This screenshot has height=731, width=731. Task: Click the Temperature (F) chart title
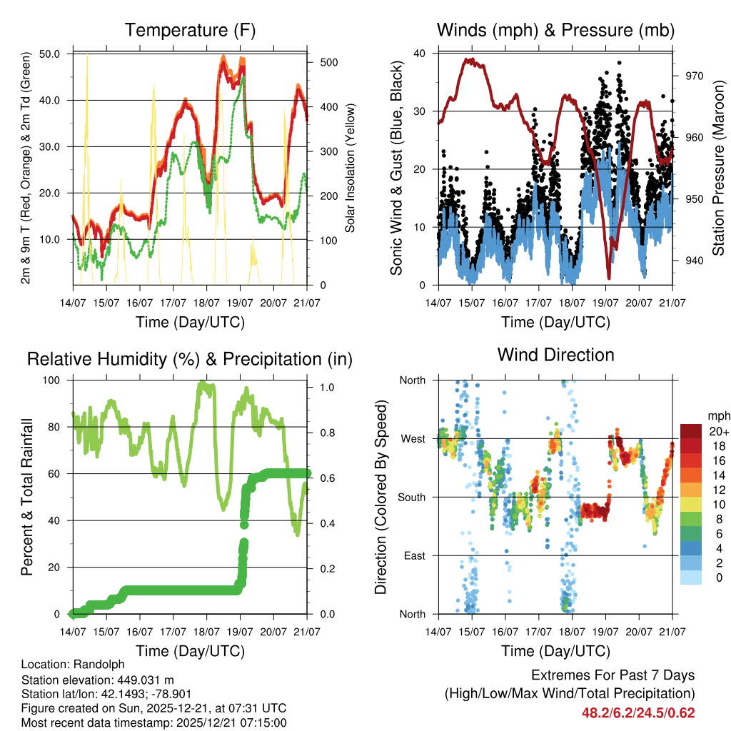pyautogui.click(x=190, y=31)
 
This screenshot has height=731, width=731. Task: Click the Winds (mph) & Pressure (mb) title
pyautogui.click(x=555, y=31)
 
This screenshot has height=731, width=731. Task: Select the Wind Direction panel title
pyautogui.click(x=555, y=355)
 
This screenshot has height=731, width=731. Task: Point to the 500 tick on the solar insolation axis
pyautogui.click(x=328, y=62)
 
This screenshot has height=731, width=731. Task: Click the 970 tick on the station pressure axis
pyautogui.click(x=695, y=76)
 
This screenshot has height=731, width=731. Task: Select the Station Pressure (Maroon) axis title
pyautogui.click(x=717, y=168)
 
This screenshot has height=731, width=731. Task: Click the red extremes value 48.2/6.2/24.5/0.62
pyautogui.click(x=639, y=712)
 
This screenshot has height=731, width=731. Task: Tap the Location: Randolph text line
pyautogui.click(x=72, y=665)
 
